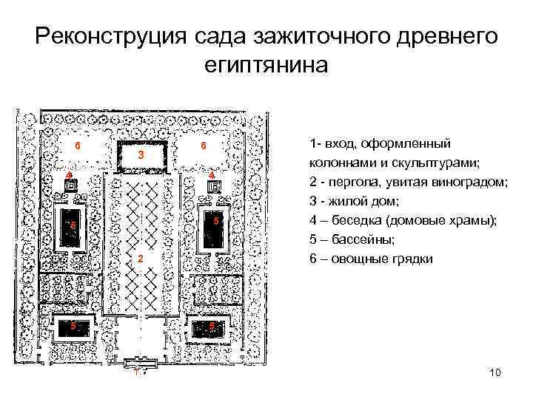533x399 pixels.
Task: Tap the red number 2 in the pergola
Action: pyautogui.click(x=138, y=259)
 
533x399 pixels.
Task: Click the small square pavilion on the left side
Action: pyautogui.click(x=70, y=188)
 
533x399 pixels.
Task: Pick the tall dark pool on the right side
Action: pyautogui.click(x=212, y=228)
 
